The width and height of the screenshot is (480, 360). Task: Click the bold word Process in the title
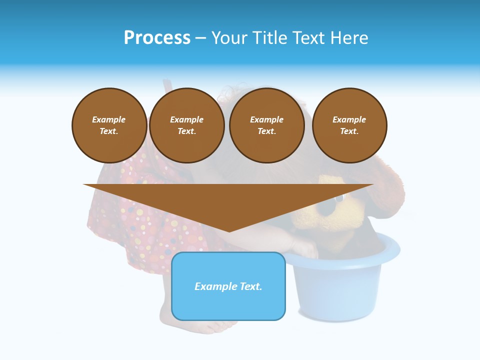(x=157, y=38)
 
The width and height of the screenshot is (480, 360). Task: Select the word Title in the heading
(x=270, y=38)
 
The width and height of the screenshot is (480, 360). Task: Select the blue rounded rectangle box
(x=228, y=305)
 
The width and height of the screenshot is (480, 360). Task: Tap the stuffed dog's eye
(x=339, y=198)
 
